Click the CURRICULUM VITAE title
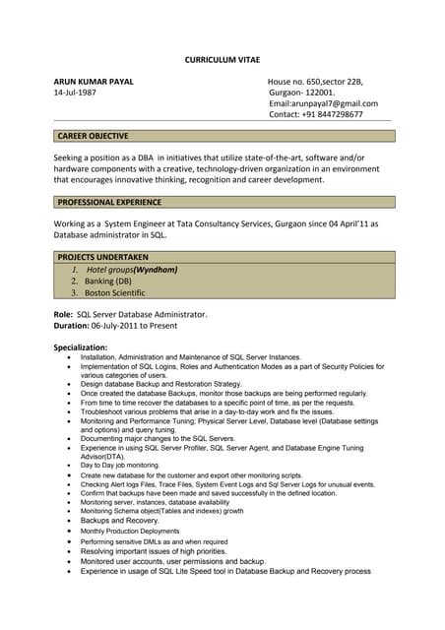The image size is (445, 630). [222, 60]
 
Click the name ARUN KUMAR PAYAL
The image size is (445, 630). [94, 81]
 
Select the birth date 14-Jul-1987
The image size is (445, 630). [75, 93]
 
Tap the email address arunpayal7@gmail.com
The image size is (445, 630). [323, 103]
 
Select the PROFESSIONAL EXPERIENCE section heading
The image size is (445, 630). [109, 202]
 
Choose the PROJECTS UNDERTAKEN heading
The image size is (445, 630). [102, 256]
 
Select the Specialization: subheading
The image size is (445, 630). [81, 347]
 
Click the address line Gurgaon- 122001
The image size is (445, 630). [301, 93]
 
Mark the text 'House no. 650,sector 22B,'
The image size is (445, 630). [315, 81]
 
